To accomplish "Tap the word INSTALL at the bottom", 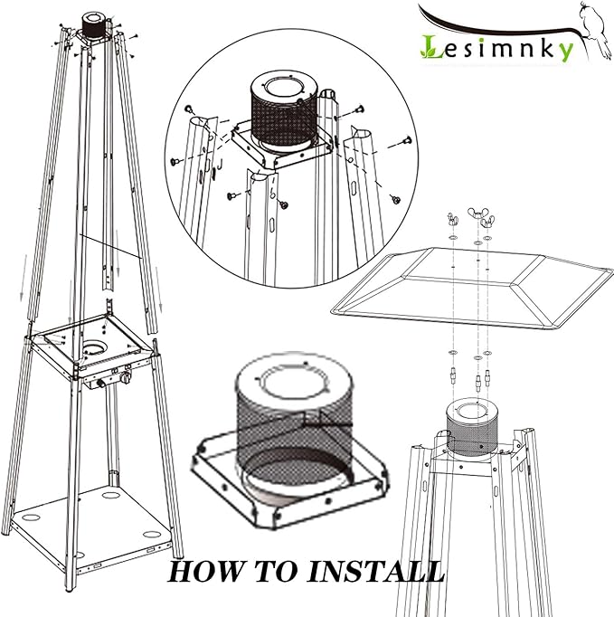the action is click(x=375, y=571).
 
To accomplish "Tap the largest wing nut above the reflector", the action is click(x=477, y=214).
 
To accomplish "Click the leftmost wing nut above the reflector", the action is click(x=452, y=219).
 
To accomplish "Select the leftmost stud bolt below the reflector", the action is click(x=453, y=376).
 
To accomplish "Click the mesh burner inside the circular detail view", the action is click(x=283, y=114).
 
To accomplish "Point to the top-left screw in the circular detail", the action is click(x=189, y=109).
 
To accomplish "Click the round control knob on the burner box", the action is click(x=127, y=377).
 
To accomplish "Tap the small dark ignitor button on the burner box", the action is click(x=101, y=383).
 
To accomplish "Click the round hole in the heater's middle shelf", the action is click(x=94, y=347).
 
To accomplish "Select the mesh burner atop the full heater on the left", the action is click(x=94, y=26).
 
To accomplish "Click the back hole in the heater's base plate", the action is click(x=111, y=495).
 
